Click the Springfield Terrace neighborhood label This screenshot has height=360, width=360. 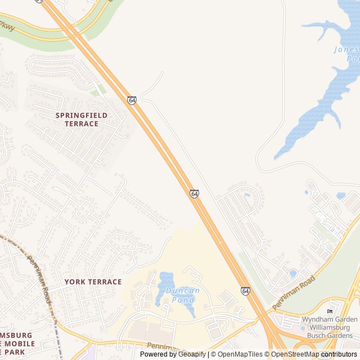81,119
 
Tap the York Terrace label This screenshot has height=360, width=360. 93,282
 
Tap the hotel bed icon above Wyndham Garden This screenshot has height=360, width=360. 330,312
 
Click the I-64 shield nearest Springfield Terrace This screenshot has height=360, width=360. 132,100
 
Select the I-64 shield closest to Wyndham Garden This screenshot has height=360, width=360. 245,291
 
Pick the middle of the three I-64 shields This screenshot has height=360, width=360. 194,193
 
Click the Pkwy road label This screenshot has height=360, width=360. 7,26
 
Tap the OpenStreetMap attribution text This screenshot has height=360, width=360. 295,354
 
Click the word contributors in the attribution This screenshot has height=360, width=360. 339,354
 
